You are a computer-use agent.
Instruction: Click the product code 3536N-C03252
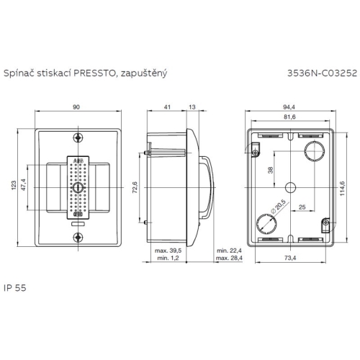pos(320,73)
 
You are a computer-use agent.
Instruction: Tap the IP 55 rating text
pos(14,286)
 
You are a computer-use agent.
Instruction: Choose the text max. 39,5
pos(167,251)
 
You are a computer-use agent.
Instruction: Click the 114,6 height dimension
pos(343,187)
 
